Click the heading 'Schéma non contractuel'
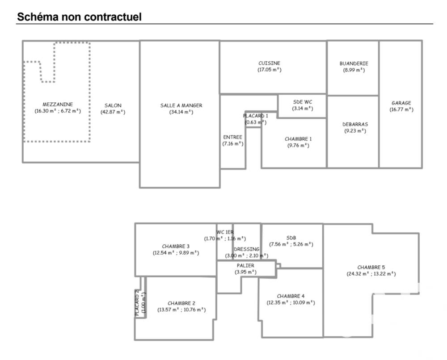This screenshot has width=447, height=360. pyautogui.click(x=79, y=17)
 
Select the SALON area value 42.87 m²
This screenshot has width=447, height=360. pyautogui.click(x=113, y=112)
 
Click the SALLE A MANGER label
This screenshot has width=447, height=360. pyautogui.click(x=181, y=105)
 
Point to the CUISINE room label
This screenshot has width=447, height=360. pyautogui.click(x=269, y=63)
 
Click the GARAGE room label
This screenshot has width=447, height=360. pyautogui.click(x=401, y=103)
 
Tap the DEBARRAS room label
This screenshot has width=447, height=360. pyautogui.click(x=355, y=124)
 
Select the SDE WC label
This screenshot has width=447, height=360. pyautogui.click(x=303, y=101)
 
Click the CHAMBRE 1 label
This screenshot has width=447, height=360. pyautogui.click(x=298, y=139)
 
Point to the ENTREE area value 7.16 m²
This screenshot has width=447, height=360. pyautogui.click(x=232, y=144)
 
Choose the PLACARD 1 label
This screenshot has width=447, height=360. pyautogui.click(x=255, y=116)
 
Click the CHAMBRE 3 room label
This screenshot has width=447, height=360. pyautogui.click(x=176, y=246)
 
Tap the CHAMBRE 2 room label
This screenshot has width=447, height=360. pyautogui.click(x=181, y=303)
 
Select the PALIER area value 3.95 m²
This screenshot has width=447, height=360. pyautogui.click(x=245, y=272)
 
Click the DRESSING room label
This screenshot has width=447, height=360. pyautogui.click(x=246, y=249)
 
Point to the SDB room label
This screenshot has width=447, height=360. pyautogui.click(x=291, y=238)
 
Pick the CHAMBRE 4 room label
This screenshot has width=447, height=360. pyautogui.click(x=291, y=296)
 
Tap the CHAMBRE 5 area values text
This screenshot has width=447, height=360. pyautogui.click(x=371, y=273)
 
